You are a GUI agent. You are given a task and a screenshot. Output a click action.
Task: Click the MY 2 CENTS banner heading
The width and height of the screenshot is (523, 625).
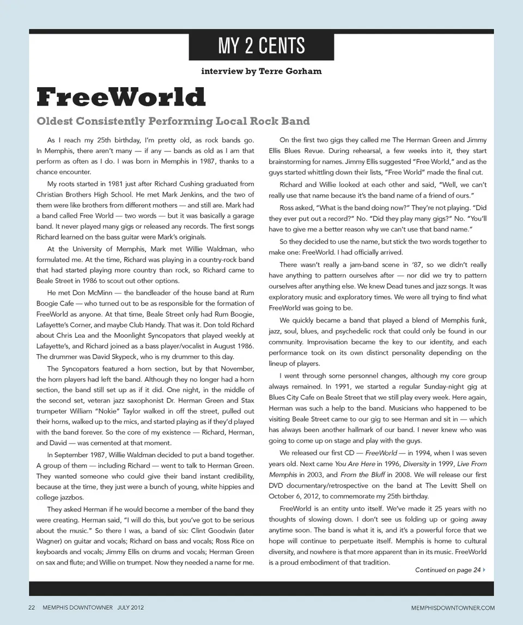(x=261, y=46)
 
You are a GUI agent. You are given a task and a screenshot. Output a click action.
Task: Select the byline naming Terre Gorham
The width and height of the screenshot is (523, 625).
(x=261, y=71)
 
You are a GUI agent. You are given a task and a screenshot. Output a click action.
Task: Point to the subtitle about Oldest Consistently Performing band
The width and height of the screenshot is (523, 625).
(x=173, y=121)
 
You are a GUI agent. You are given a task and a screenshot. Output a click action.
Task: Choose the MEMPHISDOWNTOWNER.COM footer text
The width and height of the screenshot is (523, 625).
(x=453, y=607)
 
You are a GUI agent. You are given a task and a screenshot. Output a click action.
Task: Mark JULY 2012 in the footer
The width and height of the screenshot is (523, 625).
(x=130, y=607)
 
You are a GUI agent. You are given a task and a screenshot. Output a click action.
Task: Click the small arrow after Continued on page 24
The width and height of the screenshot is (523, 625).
(x=484, y=570)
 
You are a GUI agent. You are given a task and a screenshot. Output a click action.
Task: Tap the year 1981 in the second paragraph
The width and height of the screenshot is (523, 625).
(x=108, y=184)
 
